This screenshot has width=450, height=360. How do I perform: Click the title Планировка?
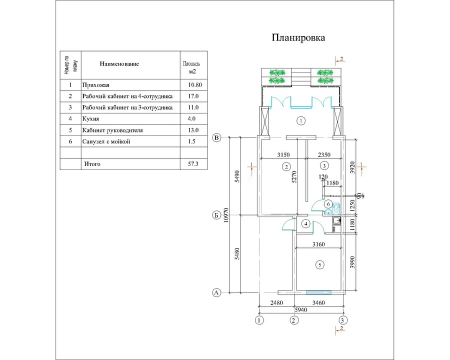click(298, 37)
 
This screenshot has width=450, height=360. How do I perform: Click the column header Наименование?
click(119, 64)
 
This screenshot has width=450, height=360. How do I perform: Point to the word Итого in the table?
click(92, 163)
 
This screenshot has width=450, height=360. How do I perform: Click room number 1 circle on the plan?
click(300, 120)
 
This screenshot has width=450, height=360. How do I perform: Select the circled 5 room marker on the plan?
click(319, 264)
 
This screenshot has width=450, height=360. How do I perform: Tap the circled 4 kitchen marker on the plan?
click(306, 223)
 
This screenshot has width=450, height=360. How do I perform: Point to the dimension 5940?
click(301, 309)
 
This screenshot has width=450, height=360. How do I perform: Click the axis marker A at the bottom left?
click(216, 292)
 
